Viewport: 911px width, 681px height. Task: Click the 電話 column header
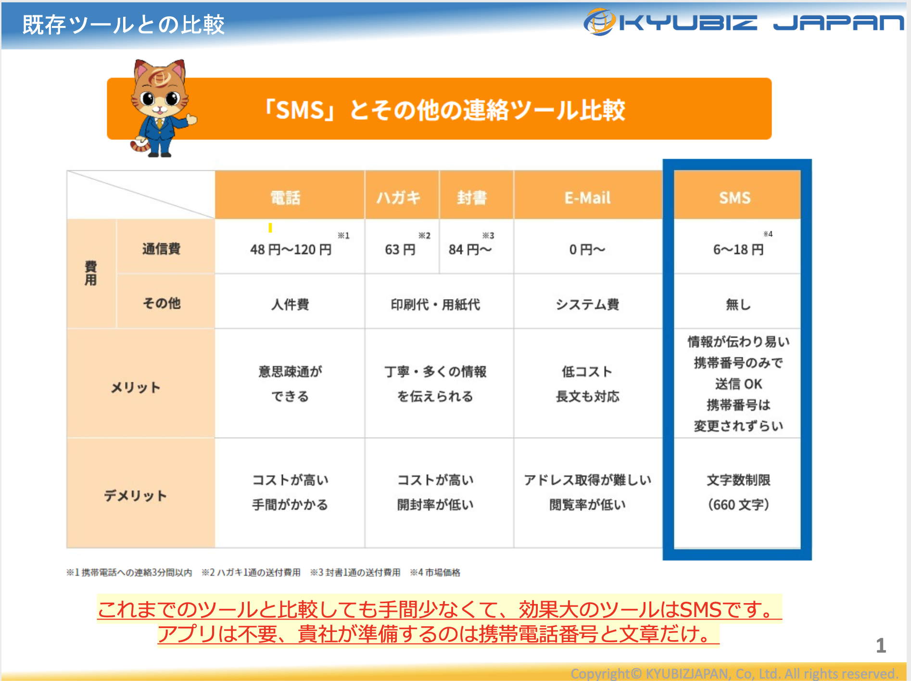[285, 198]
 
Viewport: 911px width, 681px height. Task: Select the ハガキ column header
[398, 198]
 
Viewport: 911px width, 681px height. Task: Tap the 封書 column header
[472, 198]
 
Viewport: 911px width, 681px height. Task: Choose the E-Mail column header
[587, 198]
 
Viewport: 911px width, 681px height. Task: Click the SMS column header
[734, 198]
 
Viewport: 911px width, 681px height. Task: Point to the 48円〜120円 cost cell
[291, 250]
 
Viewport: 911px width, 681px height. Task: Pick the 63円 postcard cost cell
[400, 250]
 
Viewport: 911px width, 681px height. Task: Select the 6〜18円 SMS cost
[738, 250]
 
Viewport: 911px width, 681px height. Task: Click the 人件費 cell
[290, 304]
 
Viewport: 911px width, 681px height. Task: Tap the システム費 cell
[587, 304]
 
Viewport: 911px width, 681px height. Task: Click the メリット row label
[136, 388]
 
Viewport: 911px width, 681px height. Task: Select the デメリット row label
[136, 495]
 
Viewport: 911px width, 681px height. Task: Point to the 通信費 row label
[161, 249]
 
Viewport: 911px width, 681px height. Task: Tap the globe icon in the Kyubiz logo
[599, 22]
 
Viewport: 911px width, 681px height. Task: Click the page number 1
[881, 645]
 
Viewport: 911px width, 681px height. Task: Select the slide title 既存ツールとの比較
[124, 25]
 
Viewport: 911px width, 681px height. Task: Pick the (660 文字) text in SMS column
[738, 504]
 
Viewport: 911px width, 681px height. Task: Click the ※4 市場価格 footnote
[435, 572]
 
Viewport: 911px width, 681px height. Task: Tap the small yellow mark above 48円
[270, 227]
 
